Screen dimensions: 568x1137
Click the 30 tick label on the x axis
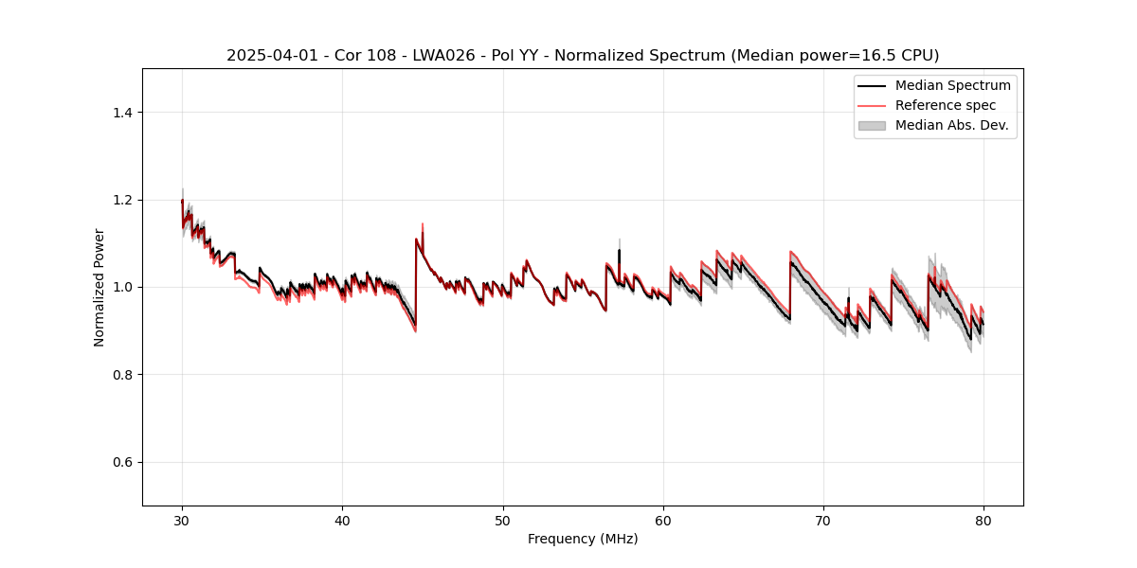(x=182, y=521)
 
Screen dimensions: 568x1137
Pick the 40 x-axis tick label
(x=342, y=521)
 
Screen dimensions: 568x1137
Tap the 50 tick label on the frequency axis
(x=503, y=521)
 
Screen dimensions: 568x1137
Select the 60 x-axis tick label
(x=663, y=521)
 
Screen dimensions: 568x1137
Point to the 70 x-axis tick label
(x=823, y=521)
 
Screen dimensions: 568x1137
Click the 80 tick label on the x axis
(x=984, y=521)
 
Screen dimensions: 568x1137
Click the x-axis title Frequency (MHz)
(x=583, y=539)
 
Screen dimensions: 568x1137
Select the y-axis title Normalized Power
(x=99, y=287)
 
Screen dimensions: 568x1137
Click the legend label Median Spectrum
(x=952, y=85)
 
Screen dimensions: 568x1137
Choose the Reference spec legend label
(x=946, y=105)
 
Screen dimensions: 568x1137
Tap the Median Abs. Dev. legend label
(x=951, y=125)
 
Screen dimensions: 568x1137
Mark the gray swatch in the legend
(x=872, y=125)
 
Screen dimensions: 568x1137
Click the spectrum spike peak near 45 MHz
(x=422, y=224)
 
